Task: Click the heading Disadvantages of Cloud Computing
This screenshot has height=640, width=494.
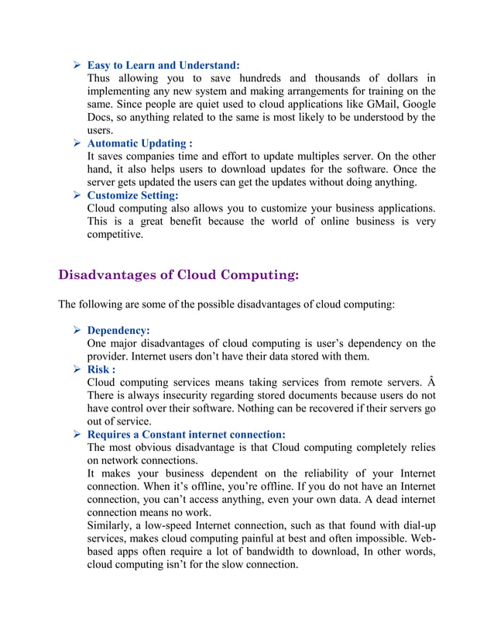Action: click(x=178, y=275)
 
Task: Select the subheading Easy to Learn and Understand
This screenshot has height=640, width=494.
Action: click(x=163, y=65)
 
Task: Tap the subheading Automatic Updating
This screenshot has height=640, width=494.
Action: click(x=139, y=143)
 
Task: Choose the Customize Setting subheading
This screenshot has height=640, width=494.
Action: click(x=132, y=195)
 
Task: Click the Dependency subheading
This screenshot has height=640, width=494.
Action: click(x=118, y=330)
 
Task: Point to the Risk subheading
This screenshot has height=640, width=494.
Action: click(x=101, y=370)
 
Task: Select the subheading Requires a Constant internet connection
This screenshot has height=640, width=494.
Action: click(x=186, y=434)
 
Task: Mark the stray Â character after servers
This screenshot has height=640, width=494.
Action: click(x=431, y=383)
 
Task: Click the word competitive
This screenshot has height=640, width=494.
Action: click(x=115, y=235)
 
